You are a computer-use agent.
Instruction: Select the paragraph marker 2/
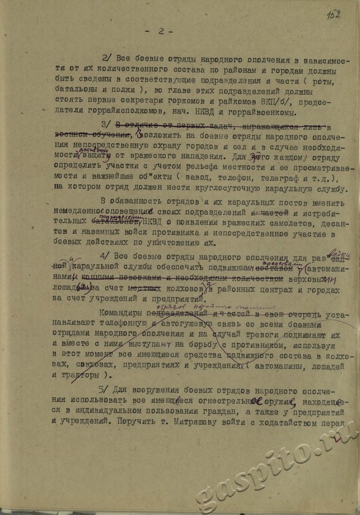coord(107,60)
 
